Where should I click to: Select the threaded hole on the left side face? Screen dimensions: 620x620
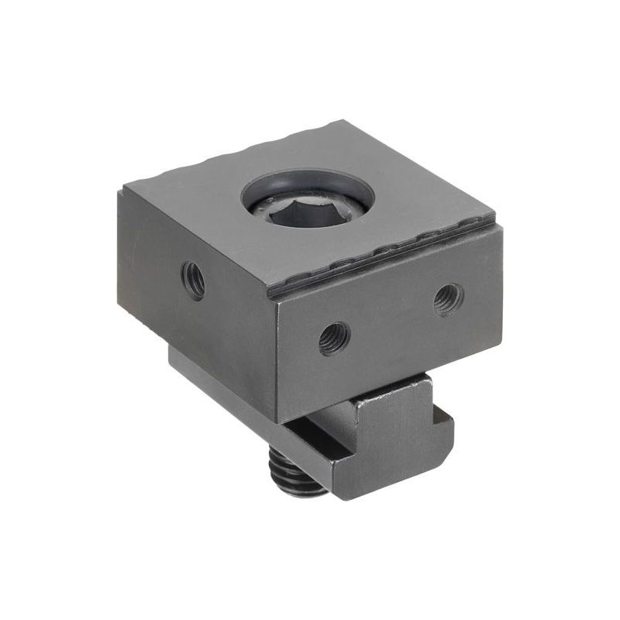tap(193, 279)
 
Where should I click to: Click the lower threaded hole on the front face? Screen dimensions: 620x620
tap(334, 338)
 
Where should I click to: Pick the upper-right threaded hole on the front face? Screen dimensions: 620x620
tap(448, 298)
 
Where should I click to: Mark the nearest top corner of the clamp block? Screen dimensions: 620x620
tap(275, 301)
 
